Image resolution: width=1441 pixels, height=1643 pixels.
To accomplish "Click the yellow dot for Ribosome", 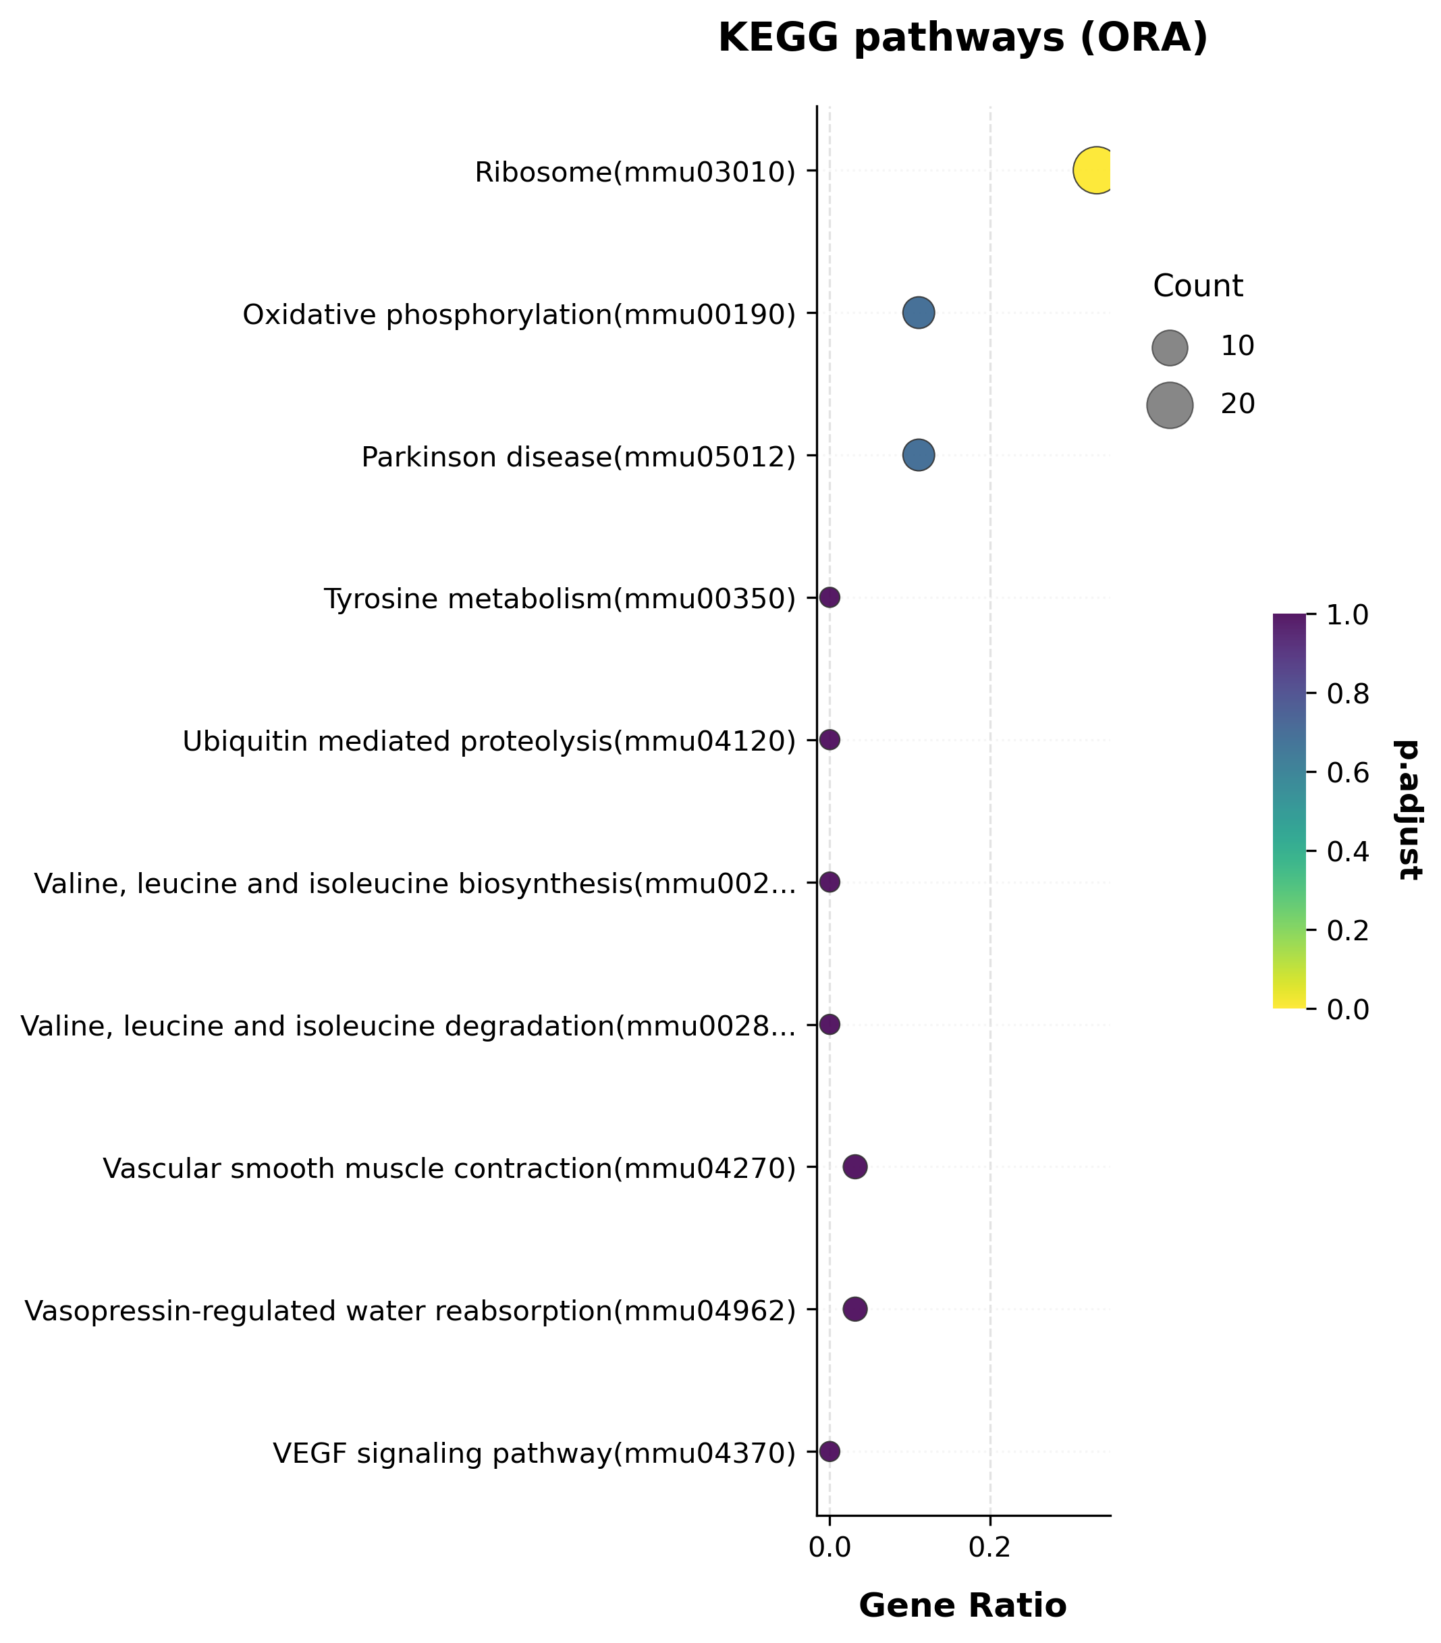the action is (1095, 170).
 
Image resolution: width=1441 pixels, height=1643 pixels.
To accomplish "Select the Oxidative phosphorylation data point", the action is (918, 313).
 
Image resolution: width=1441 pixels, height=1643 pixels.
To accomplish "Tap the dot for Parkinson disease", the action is (918, 455).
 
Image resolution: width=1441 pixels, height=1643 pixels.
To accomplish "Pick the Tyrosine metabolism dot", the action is (830, 597).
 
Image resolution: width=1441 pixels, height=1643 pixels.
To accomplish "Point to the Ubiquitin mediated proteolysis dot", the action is (830, 740).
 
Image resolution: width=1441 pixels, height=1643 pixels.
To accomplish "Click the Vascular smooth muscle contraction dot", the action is (855, 1167).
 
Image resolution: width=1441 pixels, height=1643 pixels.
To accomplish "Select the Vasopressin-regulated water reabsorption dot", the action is (855, 1310).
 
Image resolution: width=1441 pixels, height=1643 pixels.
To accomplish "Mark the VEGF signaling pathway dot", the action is (830, 1452).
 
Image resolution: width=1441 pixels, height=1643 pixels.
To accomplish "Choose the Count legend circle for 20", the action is (1170, 405).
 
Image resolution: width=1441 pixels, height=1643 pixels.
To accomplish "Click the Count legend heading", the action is (1198, 286).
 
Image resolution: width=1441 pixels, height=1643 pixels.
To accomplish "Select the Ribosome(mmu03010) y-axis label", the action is (635, 173).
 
